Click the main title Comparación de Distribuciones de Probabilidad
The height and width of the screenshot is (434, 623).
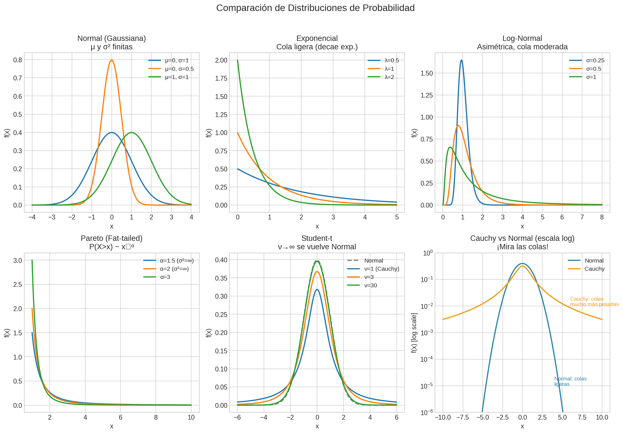point(315,8)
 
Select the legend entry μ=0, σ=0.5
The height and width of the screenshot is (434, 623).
point(179,69)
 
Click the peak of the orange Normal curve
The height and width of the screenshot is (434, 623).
point(112,60)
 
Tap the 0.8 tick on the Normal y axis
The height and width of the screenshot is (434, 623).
point(18,60)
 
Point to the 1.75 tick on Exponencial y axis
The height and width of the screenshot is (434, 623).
point(221,78)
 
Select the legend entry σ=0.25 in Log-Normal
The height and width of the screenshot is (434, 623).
point(595,60)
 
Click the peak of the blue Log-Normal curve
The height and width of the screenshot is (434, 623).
point(461,60)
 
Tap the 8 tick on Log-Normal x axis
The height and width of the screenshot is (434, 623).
point(602,217)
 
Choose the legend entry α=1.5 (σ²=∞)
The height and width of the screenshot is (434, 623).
point(176,261)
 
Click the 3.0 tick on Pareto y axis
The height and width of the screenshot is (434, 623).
point(18,260)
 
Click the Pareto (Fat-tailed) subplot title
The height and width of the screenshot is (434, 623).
point(112,238)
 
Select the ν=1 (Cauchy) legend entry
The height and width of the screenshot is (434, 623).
point(381,269)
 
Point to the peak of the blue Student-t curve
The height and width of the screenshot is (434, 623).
point(317,289)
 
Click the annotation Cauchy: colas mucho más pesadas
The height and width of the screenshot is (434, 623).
point(593,301)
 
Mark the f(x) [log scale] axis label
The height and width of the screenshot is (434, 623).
point(414,333)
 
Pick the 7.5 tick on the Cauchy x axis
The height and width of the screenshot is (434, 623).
point(582,417)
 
